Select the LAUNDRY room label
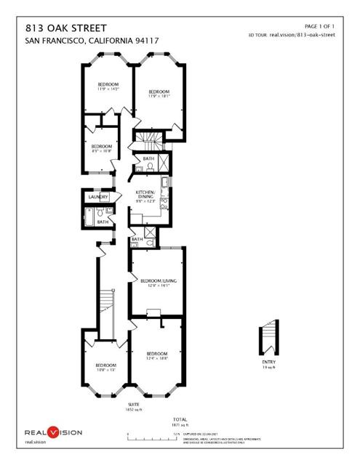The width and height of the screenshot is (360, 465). point(98,197)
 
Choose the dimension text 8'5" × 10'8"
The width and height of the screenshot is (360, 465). point(102,151)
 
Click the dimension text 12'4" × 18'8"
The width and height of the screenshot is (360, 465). point(157,358)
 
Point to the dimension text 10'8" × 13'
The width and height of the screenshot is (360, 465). point(105,369)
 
